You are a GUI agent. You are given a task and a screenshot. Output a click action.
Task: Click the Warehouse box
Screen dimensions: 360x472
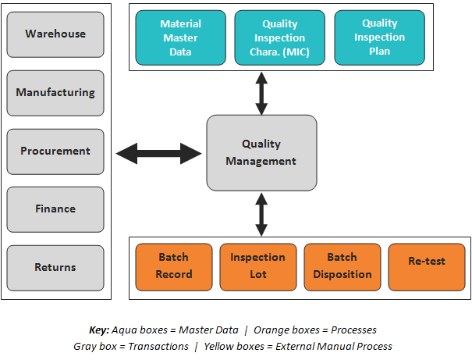55,34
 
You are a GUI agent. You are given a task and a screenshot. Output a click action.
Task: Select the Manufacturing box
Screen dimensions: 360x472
55,92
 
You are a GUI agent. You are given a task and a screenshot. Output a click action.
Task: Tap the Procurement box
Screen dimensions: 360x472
55,151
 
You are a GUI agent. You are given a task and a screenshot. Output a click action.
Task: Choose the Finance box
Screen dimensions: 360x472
55,209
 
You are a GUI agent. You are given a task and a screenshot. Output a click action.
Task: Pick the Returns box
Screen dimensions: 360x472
55,267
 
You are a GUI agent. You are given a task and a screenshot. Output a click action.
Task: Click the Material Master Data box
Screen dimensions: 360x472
180,37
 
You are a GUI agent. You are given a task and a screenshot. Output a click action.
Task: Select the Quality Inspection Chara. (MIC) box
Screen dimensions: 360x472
280,37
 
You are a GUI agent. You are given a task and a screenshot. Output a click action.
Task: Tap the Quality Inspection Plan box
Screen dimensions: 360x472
380,37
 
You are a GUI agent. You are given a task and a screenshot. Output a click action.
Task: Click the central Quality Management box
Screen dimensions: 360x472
261,152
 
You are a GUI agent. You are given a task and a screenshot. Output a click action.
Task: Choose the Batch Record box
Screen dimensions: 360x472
174,266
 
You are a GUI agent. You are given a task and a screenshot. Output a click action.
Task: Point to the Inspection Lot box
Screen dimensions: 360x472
258,266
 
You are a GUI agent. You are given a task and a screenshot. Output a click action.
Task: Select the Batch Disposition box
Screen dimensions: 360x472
342,266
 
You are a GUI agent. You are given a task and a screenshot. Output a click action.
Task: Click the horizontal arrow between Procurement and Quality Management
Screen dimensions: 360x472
159,152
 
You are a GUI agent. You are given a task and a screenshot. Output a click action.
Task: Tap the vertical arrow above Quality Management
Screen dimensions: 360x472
261,93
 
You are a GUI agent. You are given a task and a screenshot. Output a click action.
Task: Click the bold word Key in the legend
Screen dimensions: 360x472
99,330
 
